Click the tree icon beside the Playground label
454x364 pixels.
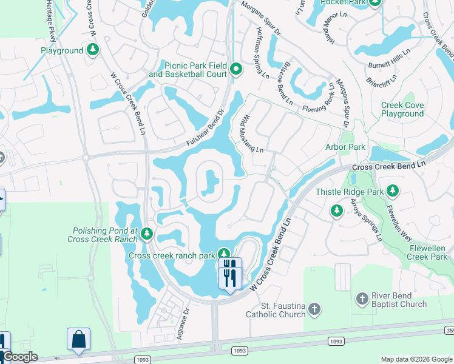(93, 50)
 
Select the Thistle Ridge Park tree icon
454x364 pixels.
(393, 192)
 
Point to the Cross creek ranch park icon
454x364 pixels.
(224, 254)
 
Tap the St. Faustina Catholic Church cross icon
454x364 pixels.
(314, 309)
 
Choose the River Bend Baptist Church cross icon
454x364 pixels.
(362, 298)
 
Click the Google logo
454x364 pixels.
(19, 357)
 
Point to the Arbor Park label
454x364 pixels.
(345, 147)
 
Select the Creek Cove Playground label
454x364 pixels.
(402, 109)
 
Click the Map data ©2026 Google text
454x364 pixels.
(416, 359)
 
